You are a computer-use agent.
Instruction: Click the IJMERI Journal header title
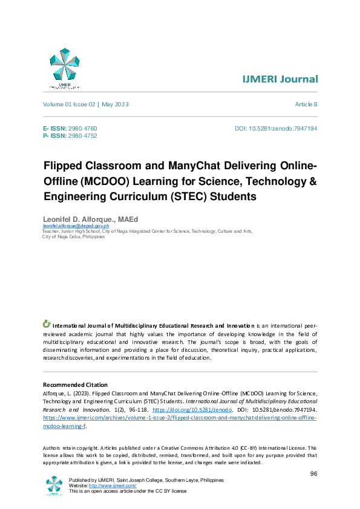click(x=280, y=80)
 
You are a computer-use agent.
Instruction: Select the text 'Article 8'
click(x=306, y=105)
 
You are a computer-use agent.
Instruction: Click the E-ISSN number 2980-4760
click(x=82, y=129)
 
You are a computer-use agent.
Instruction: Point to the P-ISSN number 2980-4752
click(x=82, y=136)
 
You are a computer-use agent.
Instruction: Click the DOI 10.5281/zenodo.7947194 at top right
click(x=276, y=129)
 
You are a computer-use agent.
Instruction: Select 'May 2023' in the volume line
click(x=115, y=105)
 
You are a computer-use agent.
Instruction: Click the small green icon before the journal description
click(x=47, y=324)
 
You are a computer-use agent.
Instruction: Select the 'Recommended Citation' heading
click(x=75, y=385)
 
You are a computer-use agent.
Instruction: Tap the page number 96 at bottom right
click(x=313, y=473)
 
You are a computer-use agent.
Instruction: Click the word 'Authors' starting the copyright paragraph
click(x=53, y=448)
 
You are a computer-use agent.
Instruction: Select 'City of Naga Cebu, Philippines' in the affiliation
click(x=73, y=237)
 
